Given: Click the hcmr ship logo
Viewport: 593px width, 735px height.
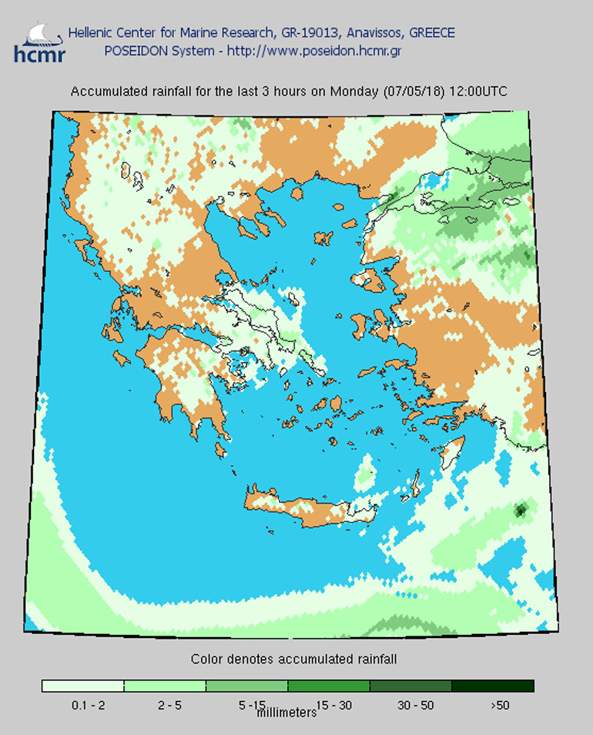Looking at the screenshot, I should point(39,42).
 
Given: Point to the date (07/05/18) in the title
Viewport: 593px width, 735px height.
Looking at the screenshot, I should point(413,91).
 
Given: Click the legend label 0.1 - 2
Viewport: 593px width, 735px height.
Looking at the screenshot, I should point(82,704).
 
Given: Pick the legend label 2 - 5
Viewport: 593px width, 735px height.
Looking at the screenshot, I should point(165,704).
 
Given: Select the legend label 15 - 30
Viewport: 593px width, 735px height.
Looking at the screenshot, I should point(329,704).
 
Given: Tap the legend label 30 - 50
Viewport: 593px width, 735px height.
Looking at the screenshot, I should point(410,704).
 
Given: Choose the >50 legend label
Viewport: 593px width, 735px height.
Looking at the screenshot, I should point(498,704).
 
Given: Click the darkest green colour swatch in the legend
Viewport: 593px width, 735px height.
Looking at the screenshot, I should point(492,686).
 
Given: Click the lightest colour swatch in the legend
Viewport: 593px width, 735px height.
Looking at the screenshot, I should point(83,686).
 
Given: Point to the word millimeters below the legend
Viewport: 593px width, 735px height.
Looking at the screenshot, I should point(286,713).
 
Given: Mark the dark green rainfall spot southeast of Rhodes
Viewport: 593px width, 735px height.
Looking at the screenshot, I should point(521,509).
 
